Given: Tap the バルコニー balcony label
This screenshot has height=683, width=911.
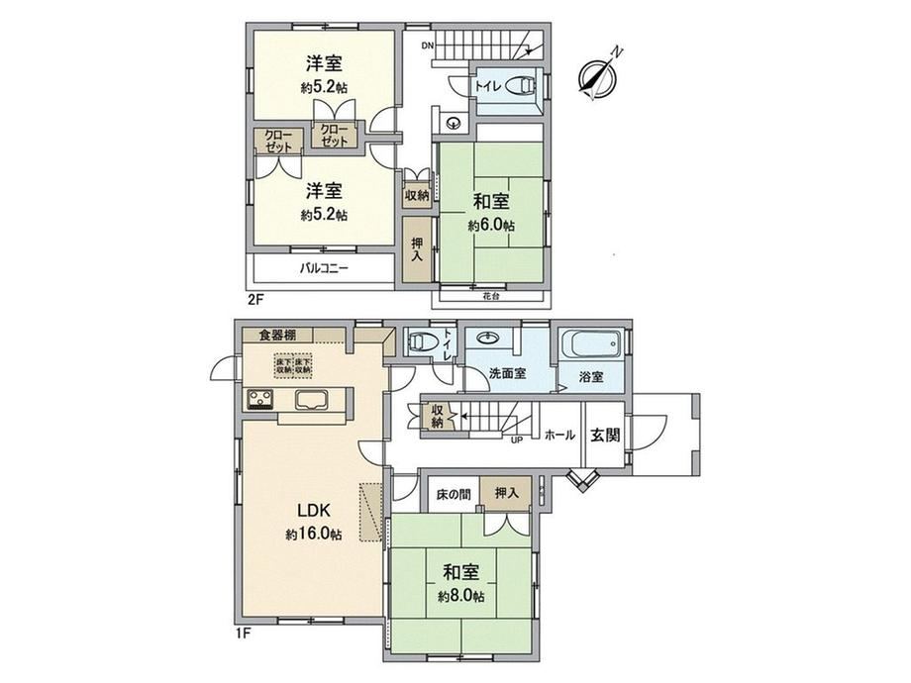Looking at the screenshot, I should [324, 268].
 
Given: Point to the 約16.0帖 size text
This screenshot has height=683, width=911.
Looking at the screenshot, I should [314, 535].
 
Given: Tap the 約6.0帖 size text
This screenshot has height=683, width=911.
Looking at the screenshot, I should [491, 225].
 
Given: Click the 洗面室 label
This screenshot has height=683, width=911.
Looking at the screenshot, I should [507, 374].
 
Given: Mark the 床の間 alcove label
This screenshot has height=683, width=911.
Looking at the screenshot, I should [453, 493].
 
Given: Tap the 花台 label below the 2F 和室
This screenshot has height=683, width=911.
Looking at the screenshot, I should [490, 294].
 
